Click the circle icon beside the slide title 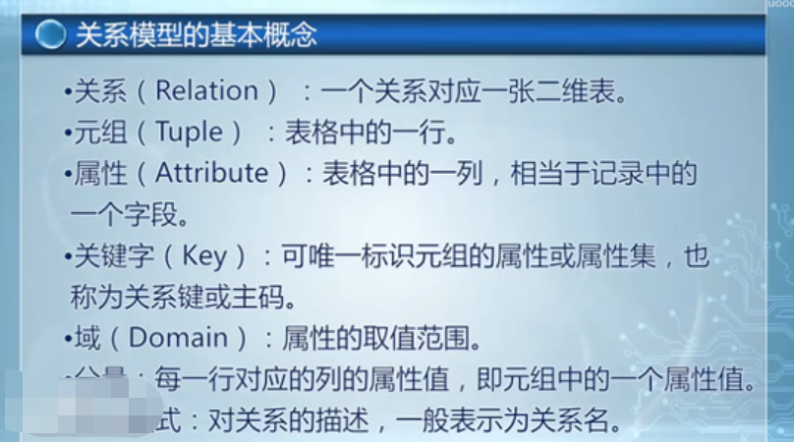point(48,34)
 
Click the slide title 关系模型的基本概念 point(197,35)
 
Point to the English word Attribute point(212,173)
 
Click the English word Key point(205,255)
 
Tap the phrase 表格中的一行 point(369,132)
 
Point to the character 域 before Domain point(87,339)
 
